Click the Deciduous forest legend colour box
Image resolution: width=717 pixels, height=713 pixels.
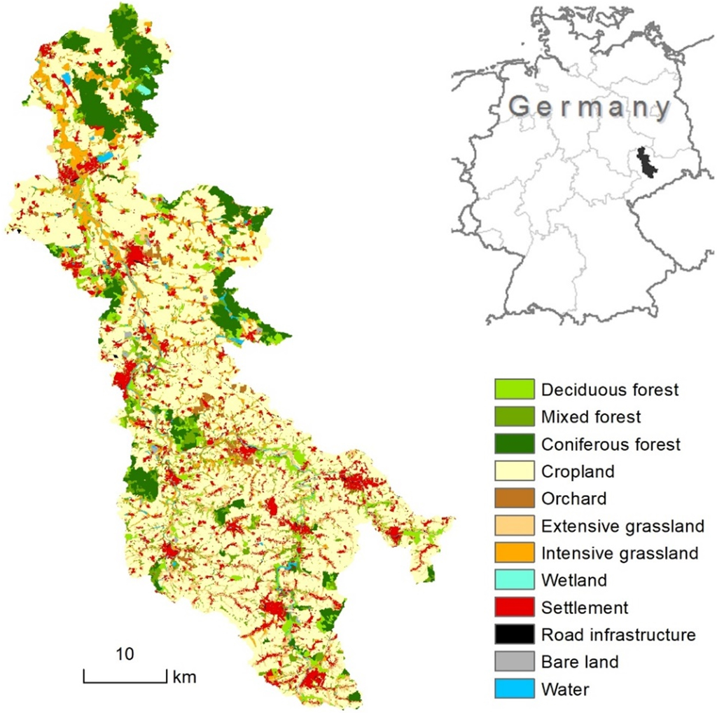[514, 389]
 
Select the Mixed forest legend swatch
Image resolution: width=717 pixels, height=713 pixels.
[514, 416]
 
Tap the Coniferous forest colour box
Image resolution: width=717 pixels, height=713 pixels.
[514, 444]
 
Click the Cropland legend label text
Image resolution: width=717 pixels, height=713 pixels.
[578, 471]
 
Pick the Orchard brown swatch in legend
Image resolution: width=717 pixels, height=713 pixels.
[514, 498]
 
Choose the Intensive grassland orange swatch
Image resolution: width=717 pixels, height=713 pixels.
[514, 553]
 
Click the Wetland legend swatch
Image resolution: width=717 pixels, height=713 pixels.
[514, 580]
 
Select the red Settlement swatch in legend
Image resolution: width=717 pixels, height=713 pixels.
[514, 607]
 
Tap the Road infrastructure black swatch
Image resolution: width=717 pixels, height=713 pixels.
[514, 634]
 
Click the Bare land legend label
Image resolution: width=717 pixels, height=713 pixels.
[580, 662]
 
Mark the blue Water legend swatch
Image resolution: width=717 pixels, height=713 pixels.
[514, 689]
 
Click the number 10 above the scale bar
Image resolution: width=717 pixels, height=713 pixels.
[125, 654]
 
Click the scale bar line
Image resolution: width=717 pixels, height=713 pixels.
[125, 681]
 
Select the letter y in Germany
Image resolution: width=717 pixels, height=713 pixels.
[657, 109]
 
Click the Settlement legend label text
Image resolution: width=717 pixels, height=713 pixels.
[585, 607]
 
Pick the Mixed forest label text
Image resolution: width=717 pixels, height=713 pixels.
[591, 416]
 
